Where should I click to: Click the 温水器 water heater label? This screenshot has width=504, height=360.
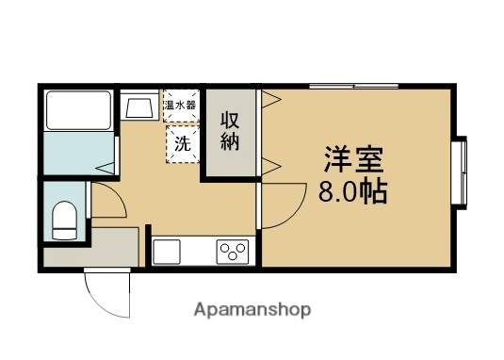[180, 105]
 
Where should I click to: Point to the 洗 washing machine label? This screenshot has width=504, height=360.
[180, 144]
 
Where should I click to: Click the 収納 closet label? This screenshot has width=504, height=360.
[230, 132]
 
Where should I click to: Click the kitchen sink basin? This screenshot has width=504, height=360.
[167, 252]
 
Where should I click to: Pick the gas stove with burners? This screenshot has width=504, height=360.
[232, 252]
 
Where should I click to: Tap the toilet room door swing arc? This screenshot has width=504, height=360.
[106, 205]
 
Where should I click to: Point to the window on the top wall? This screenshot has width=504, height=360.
[354, 87]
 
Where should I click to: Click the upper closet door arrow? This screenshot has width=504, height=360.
[268, 99]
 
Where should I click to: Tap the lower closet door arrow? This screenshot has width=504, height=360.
[268, 168]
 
